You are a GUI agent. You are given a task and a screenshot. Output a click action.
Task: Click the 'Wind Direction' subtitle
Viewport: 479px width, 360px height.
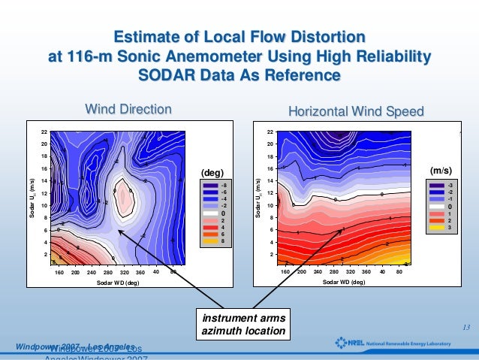128,110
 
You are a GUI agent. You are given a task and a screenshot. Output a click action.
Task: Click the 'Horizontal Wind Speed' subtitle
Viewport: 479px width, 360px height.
356,111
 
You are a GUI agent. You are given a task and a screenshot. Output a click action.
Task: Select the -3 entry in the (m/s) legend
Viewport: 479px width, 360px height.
450,184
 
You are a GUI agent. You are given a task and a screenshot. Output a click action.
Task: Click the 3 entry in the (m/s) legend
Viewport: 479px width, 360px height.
450,227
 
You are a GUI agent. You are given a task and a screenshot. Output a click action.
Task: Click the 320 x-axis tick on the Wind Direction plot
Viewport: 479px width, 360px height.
140,272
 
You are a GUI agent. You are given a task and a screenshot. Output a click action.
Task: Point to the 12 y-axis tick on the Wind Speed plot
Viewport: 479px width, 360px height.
270,193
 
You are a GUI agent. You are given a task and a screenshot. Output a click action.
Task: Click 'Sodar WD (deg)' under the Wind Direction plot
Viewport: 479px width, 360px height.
118,283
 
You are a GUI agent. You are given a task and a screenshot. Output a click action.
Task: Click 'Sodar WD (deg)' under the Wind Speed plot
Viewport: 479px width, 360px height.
344,283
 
